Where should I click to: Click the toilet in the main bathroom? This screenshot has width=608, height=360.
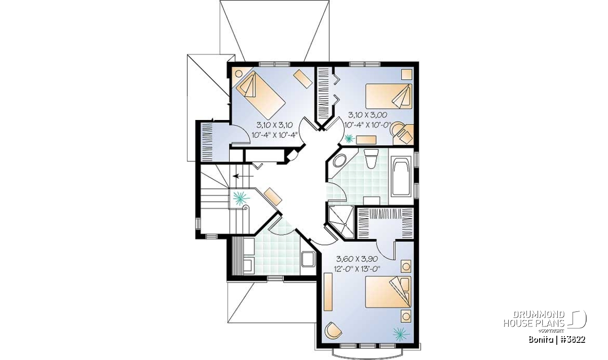coord(371,158)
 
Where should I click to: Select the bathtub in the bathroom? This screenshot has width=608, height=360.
coord(401,176)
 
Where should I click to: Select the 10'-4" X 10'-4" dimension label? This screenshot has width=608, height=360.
coord(274,135)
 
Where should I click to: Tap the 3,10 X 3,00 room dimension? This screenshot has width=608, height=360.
coord(367,115)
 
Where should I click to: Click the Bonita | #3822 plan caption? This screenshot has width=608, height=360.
coord(557,340)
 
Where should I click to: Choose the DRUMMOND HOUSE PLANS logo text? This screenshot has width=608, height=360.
coord(534,319)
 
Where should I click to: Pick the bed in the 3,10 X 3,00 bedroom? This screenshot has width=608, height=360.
coord(389,96)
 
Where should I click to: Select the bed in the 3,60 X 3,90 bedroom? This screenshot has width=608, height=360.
coord(388,292)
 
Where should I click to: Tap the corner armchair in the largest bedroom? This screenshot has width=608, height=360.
coord(333,330)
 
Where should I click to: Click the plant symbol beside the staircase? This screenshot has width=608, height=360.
coord(241,198)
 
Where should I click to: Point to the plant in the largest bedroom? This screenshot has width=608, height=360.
coord(401,334)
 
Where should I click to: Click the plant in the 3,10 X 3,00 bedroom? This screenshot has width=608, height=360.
coord(350,139)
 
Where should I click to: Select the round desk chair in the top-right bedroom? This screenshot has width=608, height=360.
coord(397,129)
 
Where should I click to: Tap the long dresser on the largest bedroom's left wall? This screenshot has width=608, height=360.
coord(328,292)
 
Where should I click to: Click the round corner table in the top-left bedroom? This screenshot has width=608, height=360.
coord(239,73)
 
